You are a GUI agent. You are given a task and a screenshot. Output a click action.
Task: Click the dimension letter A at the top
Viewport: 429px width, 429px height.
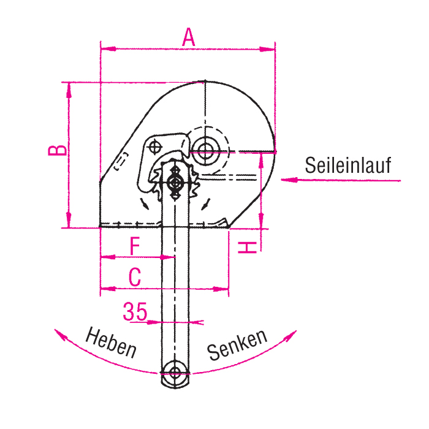click(x=189, y=37)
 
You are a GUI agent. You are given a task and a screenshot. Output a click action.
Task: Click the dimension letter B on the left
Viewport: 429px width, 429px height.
click(x=58, y=151)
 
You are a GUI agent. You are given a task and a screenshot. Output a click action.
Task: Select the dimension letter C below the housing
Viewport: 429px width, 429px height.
click(x=135, y=277)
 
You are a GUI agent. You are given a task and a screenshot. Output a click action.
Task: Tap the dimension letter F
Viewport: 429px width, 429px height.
click(x=135, y=246)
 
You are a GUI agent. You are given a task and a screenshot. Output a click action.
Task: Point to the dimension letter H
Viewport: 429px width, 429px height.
click(x=248, y=248)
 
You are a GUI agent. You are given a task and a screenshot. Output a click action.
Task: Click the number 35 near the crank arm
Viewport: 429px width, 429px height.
click(x=135, y=311)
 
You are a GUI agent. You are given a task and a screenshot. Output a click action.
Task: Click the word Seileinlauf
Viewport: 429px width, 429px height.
click(x=348, y=165)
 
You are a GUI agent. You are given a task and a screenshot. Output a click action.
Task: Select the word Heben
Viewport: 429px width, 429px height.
click(x=111, y=342)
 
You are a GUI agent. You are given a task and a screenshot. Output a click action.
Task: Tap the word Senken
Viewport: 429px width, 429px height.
click(x=237, y=344)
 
